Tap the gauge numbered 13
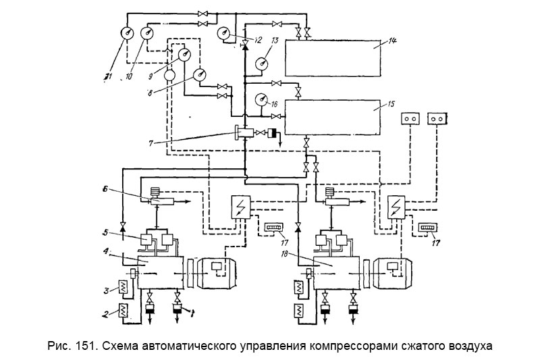click(x=262, y=65)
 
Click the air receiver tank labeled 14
click(x=338, y=60)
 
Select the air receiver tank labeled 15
click(x=338, y=118)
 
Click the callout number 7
click(x=153, y=142)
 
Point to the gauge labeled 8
click(x=201, y=74)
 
